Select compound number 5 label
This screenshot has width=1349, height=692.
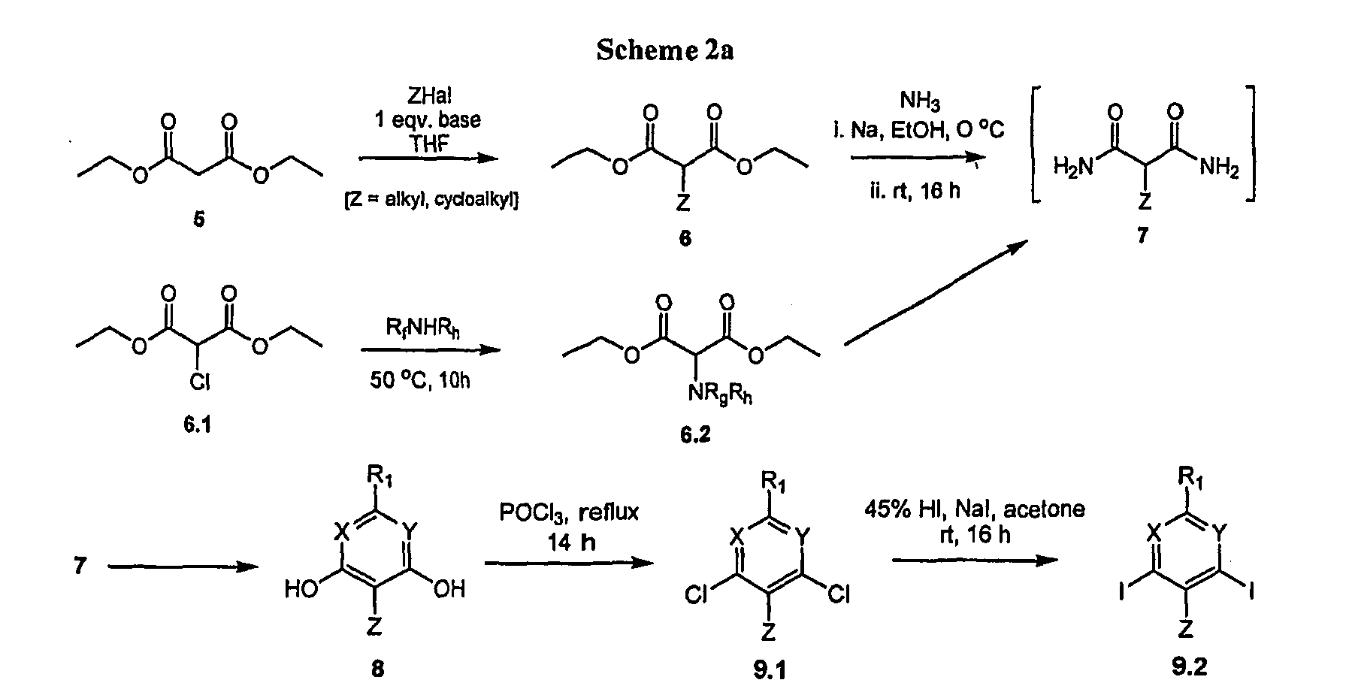199,221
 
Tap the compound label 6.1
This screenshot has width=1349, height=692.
197,426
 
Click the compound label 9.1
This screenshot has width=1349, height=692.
770,669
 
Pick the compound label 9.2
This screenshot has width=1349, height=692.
1188,666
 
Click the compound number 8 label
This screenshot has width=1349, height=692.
377,669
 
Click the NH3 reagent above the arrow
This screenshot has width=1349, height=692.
919,100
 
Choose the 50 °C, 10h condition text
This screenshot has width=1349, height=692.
421,381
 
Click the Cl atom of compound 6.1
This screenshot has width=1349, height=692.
199,383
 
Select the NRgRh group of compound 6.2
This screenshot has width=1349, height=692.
722,395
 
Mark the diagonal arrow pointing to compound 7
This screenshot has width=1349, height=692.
936,294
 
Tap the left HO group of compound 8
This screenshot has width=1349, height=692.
301,589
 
